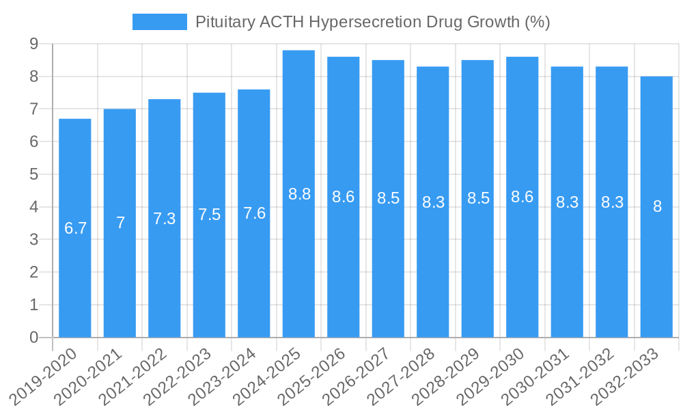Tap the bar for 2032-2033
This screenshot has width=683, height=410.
[x=656, y=273]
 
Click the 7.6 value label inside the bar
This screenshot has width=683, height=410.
[x=254, y=213]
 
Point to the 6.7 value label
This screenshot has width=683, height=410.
[x=75, y=228]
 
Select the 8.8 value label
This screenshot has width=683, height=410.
[x=299, y=194]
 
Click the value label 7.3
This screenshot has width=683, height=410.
[x=164, y=219]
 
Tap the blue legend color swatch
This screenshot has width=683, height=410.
[x=160, y=22]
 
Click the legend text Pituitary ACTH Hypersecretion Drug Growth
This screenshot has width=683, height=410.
[x=372, y=22]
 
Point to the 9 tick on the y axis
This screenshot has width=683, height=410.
[x=33, y=44]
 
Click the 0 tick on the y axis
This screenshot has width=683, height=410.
[x=33, y=338]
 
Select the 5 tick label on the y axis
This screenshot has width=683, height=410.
[x=33, y=174]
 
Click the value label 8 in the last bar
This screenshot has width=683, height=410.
[x=657, y=206]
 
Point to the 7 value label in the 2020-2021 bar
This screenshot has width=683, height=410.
[x=120, y=223]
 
